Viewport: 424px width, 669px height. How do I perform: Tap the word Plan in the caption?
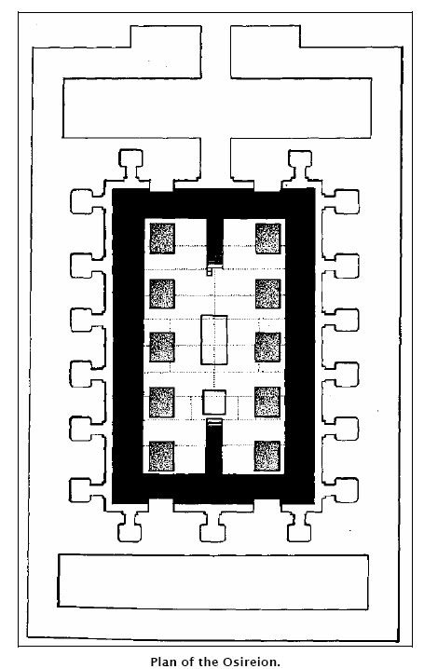pyautogui.click(x=164, y=662)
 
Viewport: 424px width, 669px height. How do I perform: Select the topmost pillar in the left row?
pyautogui.click(x=162, y=239)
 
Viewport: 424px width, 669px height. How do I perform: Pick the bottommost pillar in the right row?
pyautogui.click(x=267, y=457)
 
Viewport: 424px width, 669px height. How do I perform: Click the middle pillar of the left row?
pyautogui.click(x=162, y=347)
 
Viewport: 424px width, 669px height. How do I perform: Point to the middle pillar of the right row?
pyautogui.click(x=267, y=347)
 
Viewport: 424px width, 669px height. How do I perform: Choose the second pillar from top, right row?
pyautogui.click(x=267, y=294)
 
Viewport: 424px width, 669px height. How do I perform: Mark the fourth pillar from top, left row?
pyautogui.click(x=161, y=402)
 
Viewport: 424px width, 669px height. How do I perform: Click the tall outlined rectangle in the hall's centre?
pyautogui.click(x=213, y=339)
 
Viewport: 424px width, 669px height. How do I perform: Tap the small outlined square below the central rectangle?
pyautogui.click(x=214, y=402)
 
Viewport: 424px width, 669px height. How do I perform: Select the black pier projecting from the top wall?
pyautogui.click(x=214, y=243)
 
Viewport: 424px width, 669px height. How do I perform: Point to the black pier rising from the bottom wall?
pyautogui.click(x=213, y=446)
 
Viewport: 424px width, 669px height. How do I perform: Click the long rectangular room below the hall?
pyautogui.click(x=212, y=581)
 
